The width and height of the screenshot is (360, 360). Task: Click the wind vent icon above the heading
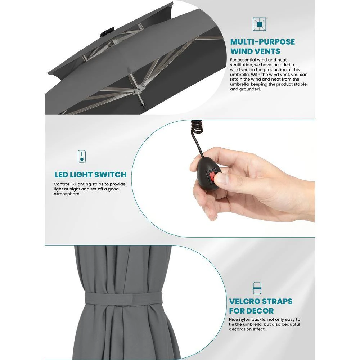coord(259,24)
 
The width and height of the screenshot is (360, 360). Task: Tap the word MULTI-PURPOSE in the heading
coord(263,42)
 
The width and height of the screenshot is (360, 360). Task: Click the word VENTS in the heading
coord(267,51)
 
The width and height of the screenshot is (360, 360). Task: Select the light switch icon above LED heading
coord(82,156)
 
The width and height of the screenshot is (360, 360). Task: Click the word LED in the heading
coord(61,175)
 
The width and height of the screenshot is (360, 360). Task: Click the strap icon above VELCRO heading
coord(257,288)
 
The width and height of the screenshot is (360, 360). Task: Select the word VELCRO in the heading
coord(245,301)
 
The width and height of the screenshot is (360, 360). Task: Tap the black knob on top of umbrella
coord(107,32)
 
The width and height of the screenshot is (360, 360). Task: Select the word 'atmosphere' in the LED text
coord(67,194)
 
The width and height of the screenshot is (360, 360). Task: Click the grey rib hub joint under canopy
coord(138,89)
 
